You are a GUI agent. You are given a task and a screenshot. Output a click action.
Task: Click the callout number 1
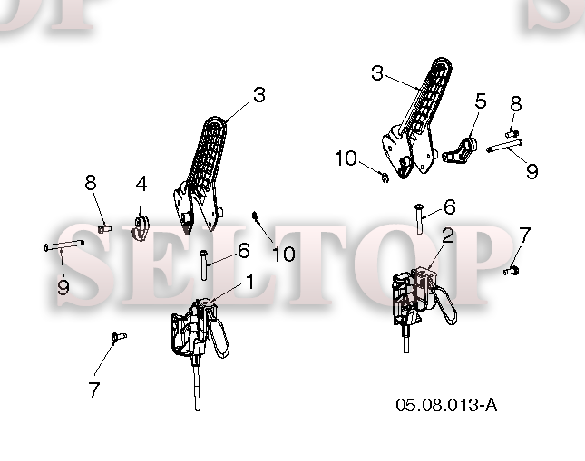tap(249, 282)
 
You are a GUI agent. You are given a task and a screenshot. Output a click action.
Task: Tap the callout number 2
tap(447, 235)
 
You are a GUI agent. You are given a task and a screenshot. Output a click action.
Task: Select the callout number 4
tap(141, 184)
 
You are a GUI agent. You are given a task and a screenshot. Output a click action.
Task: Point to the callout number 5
tap(481, 101)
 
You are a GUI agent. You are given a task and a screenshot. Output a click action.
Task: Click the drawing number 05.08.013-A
tap(446, 405)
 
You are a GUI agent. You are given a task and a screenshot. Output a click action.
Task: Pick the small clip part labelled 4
tap(140, 228)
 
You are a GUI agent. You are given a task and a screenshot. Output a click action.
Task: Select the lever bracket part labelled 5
tap(460, 151)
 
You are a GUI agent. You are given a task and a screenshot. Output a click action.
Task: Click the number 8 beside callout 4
tap(91, 183)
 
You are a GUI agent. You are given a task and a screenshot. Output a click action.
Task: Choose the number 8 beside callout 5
tap(515, 104)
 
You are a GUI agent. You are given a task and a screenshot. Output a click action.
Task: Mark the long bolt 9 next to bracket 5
tap(504, 145)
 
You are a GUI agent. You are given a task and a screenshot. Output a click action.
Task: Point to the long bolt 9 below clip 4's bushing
tap(64, 245)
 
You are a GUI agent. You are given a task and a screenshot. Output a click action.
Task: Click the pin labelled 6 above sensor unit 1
tap(203, 264)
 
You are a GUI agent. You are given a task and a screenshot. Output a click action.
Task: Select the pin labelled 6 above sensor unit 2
tap(419, 219)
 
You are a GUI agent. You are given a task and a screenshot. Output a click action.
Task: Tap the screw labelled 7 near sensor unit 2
tap(512, 271)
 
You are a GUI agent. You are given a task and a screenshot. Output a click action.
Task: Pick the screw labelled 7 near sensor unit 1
tap(119, 337)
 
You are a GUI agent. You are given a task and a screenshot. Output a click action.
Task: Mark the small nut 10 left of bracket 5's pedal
tap(385, 177)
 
